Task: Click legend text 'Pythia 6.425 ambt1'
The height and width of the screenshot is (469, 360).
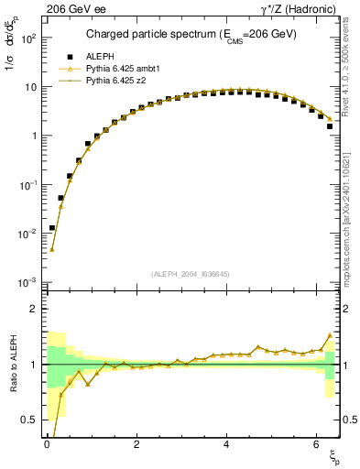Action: tap(123, 69)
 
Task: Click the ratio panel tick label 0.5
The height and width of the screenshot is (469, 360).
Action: tap(30, 420)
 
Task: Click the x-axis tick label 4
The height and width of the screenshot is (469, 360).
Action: tap(225, 446)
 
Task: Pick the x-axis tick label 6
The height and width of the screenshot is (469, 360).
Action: tap(315, 446)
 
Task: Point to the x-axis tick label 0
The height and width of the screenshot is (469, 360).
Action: tap(46, 446)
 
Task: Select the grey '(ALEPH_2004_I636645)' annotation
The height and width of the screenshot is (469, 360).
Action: tap(190, 274)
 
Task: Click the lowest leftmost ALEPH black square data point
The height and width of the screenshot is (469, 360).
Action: tap(52, 228)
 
